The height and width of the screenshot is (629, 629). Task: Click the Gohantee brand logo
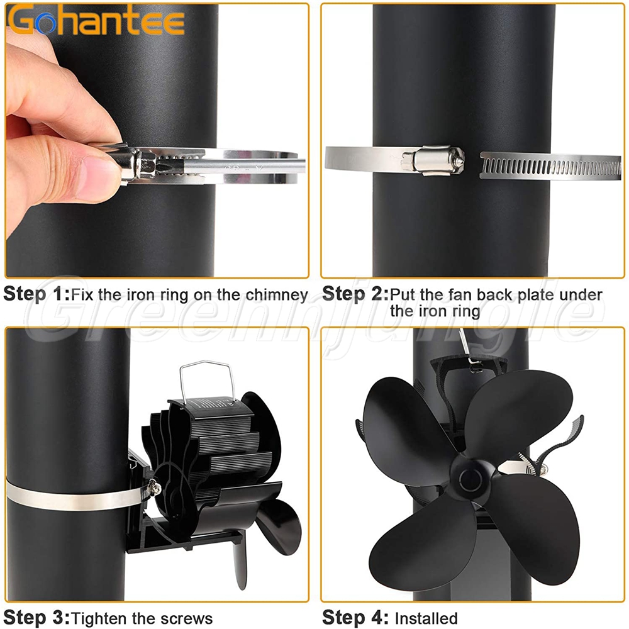(96, 20)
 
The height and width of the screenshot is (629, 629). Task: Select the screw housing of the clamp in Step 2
(433, 160)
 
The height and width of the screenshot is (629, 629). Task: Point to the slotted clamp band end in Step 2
(550, 165)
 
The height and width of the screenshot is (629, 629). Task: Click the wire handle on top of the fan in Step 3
(207, 381)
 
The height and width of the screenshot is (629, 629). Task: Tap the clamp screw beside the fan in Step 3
(154, 487)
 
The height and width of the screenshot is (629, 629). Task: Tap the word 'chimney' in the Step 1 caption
(277, 295)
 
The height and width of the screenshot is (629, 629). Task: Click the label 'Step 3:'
(36, 617)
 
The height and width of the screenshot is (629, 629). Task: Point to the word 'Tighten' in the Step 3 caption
(99, 618)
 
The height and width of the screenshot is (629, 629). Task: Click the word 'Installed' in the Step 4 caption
(426, 618)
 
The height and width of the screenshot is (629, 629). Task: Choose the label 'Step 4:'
(355, 617)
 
